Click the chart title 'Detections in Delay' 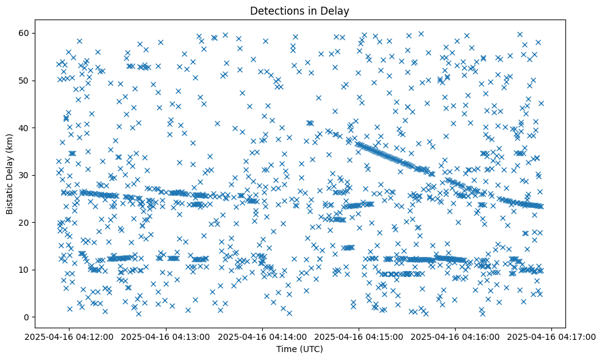click(300, 10)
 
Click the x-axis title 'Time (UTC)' click(300, 349)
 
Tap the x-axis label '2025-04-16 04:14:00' click(262, 336)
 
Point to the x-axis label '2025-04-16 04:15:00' click(359, 336)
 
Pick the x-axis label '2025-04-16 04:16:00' click(456, 336)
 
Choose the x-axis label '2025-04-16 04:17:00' click(553, 336)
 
